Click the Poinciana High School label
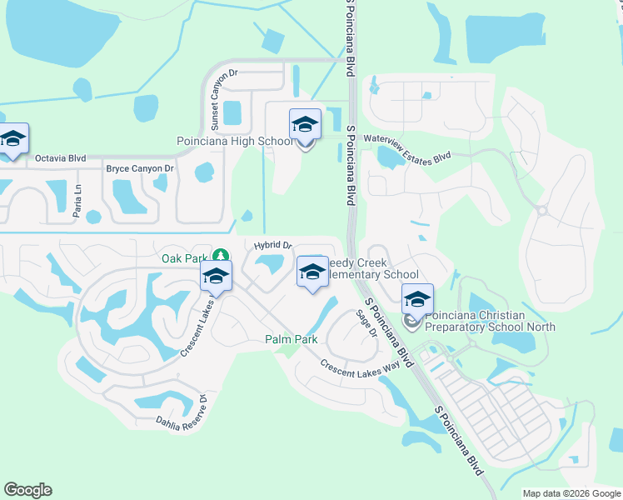tap(235, 142)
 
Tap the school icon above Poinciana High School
tap(305, 126)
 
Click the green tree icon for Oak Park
tap(221, 256)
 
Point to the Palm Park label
tap(292, 339)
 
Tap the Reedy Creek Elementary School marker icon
tap(312, 273)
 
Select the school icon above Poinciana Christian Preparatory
tap(417, 298)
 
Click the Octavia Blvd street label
tap(60, 157)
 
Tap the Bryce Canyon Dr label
tap(139, 168)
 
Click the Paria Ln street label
tap(77, 201)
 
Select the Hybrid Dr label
tap(273, 246)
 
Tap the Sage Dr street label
tap(366, 322)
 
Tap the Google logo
tap(27, 490)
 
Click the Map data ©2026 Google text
tap(571, 493)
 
